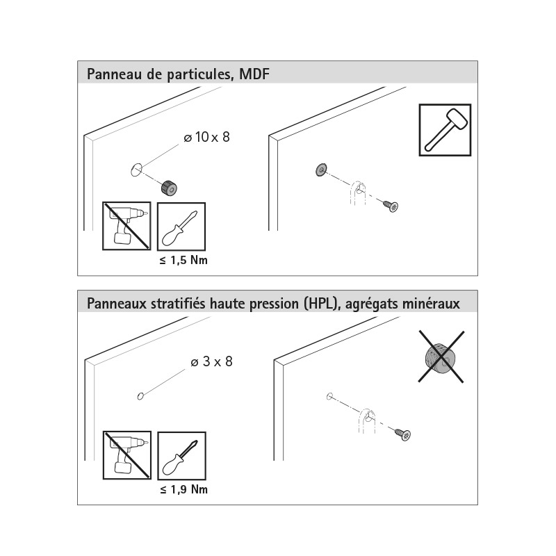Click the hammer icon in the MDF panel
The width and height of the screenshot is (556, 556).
445,130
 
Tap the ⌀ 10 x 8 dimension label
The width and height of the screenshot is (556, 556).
206,137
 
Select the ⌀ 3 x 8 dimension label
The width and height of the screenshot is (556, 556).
212,361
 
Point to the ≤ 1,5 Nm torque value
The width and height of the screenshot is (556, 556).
183,260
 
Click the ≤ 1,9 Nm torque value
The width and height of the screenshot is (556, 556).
183,490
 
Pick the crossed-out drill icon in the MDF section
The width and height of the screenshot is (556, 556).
126,227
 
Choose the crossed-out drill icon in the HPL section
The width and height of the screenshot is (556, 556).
127,455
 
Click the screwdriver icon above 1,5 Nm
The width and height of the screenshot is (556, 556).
181,227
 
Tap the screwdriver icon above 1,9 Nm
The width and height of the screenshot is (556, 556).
181,456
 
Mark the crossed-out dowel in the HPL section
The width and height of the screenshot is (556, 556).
441,357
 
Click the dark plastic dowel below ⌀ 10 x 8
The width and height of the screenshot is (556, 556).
169,188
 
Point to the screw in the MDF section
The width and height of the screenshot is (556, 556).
391,206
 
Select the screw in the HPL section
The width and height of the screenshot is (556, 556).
402,434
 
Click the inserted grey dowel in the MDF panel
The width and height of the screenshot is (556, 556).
321,170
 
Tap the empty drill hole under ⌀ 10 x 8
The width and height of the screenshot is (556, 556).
136,170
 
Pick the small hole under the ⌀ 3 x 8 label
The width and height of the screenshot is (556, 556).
140,396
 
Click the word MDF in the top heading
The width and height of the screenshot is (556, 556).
254,74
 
